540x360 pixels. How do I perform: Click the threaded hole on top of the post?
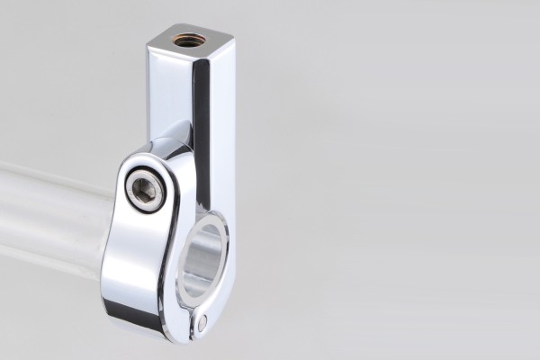click(x=189, y=40)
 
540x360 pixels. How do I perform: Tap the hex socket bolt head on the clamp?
click(x=145, y=190)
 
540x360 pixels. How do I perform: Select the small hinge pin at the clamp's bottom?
click(x=202, y=320)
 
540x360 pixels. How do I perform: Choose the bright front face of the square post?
click(x=168, y=90)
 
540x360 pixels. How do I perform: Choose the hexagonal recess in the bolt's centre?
click(x=145, y=190)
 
